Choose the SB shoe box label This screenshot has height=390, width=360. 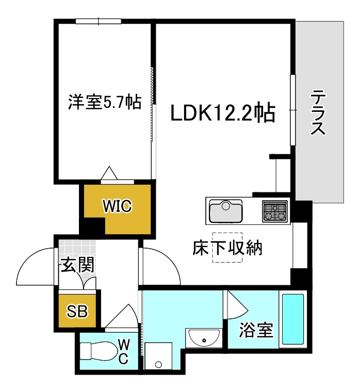click(77, 311)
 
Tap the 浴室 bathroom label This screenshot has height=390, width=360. click(255, 330)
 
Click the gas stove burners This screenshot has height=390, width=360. click(275, 210)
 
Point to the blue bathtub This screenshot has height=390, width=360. click(292, 319)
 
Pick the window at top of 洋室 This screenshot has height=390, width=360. click(98, 21)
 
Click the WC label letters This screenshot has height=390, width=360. click(124, 351)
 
